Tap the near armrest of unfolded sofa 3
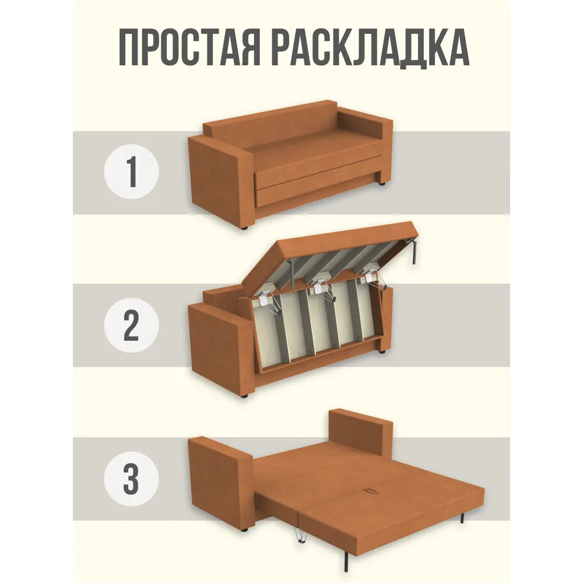click(220, 481)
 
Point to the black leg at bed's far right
click(462, 515)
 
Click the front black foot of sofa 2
click(243, 396)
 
